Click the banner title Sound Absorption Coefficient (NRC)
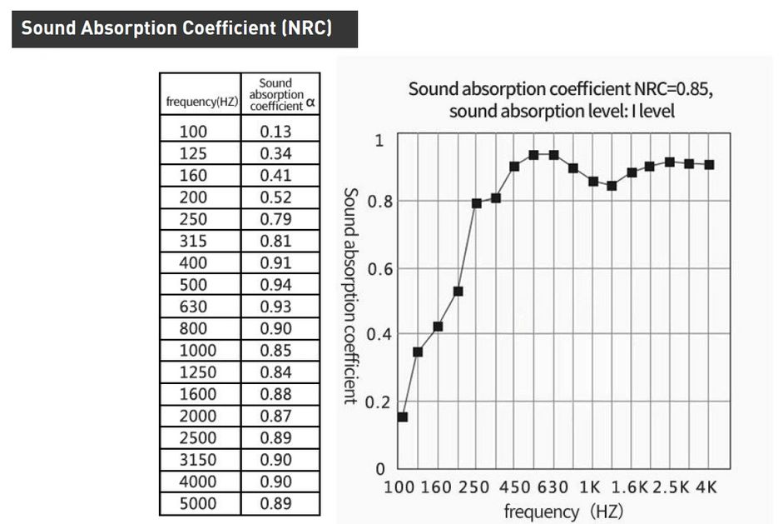(x=176, y=28)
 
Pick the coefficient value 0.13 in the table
(x=276, y=131)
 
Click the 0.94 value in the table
(x=276, y=285)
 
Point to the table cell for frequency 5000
(x=198, y=503)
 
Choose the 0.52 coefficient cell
(x=276, y=197)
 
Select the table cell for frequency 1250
(x=198, y=372)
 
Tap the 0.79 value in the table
(x=276, y=220)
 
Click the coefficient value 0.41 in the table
(x=276, y=175)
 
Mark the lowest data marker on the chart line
(x=403, y=417)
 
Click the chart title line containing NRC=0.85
(x=561, y=89)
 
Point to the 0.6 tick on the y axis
(x=377, y=269)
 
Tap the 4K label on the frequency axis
(x=705, y=487)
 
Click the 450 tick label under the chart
(x=514, y=487)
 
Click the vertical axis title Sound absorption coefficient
(x=350, y=295)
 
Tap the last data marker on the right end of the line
(x=709, y=165)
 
